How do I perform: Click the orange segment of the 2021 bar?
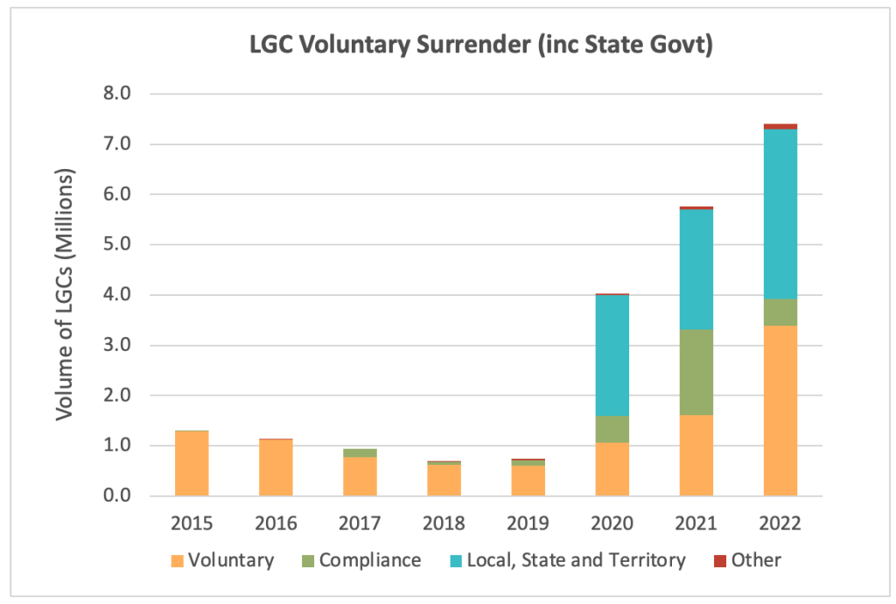pos(696,455)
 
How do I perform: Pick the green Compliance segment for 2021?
pos(696,372)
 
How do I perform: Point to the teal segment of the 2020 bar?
pos(612,355)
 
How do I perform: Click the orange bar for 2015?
pos(192,463)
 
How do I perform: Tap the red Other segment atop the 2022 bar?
pos(780,126)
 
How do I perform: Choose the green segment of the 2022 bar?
pos(780,312)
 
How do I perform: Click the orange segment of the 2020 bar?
pos(612,469)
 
